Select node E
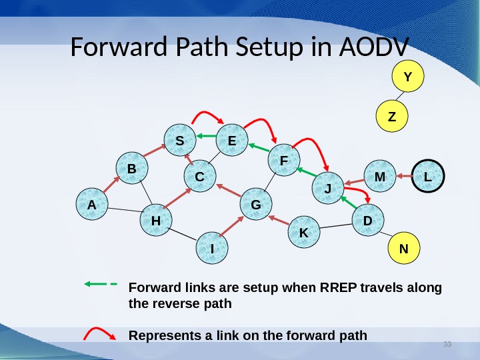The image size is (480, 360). (x=232, y=139)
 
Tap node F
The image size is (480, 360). (x=284, y=160)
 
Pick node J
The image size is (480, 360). (x=327, y=187)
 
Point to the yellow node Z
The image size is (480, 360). (x=392, y=116)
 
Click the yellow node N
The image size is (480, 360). (x=403, y=248)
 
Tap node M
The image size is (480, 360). (x=380, y=176)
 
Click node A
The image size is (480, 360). (x=91, y=205)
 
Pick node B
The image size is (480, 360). (x=132, y=169)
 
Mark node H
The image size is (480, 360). (x=156, y=220)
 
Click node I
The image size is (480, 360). (x=212, y=247)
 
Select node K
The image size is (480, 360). (x=303, y=233)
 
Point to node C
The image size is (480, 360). (x=199, y=177)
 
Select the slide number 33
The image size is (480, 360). (x=447, y=344)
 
